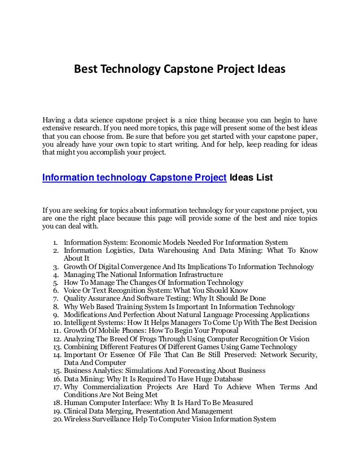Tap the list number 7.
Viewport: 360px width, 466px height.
coord(56,298)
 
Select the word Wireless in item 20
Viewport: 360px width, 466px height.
coord(79,419)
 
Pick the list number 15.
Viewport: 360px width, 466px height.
coord(55,371)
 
